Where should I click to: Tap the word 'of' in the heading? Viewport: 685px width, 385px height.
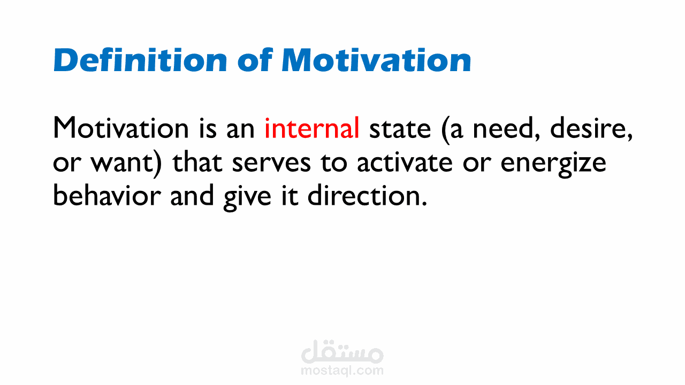click(x=255, y=60)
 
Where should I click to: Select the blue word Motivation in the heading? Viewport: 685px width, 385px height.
click(x=376, y=60)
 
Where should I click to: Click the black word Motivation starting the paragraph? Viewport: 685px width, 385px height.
click(x=121, y=128)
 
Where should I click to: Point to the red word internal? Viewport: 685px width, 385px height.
click(x=312, y=128)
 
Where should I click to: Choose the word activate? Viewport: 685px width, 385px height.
click(x=405, y=162)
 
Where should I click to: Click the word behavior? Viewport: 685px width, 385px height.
click(x=107, y=196)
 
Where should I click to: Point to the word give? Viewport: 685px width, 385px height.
click(x=247, y=198)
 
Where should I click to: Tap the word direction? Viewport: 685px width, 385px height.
click(x=367, y=196)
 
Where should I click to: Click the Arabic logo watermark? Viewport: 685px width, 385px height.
click(x=342, y=352)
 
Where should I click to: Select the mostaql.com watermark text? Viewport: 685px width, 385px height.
click(x=342, y=371)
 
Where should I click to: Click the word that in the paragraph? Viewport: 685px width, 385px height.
click(x=197, y=162)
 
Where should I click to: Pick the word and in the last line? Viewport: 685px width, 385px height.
click(x=192, y=196)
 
